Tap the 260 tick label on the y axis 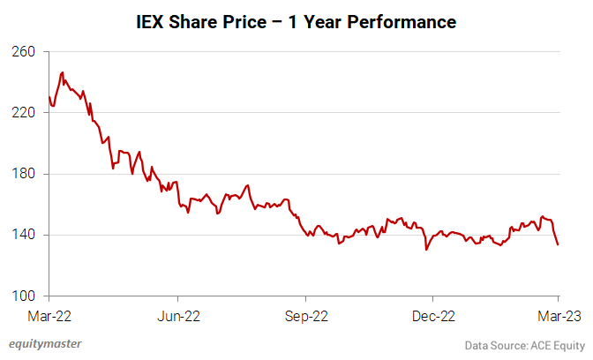coord(24,52)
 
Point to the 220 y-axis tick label coord(24,113)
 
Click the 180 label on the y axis coord(24,174)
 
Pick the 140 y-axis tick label coord(24,235)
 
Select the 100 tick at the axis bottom coord(24,296)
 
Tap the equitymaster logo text coord(45,343)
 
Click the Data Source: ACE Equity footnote coord(525,344)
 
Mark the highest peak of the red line coord(62,72)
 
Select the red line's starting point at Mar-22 coord(49,97)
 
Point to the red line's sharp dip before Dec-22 coord(426,250)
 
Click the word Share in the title coord(196,21)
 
